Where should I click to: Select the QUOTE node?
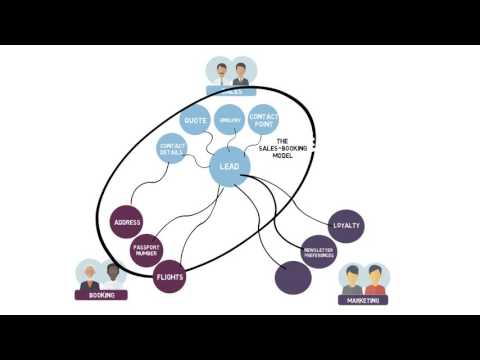[x=195, y=122]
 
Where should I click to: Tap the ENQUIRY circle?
[x=229, y=118]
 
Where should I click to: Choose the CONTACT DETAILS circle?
[x=172, y=149]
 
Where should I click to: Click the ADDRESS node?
[x=126, y=222]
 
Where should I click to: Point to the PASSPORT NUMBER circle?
[x=147, y=249]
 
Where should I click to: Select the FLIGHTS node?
[x=170, y=277]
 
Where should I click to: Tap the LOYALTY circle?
[x=345, y=226]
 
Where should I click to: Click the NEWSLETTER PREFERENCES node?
[x=318, y=251]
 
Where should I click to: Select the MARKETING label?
[x=363, y=299]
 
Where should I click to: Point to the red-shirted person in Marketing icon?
[x=375, y=279]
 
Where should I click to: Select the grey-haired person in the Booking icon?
[x=90, y=275]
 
